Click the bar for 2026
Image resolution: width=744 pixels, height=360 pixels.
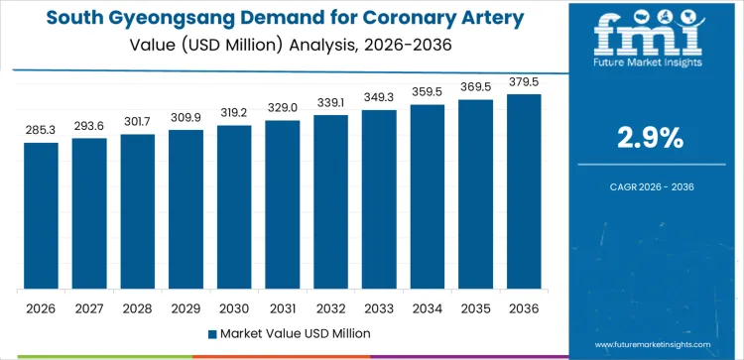coord(42,215)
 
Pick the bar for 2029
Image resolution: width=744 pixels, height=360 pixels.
coord(186,209)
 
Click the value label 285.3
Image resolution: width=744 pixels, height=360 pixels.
coord(42,129)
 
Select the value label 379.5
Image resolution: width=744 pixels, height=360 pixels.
coord(524,81)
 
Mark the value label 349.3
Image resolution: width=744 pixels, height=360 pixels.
coord(379,96)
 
